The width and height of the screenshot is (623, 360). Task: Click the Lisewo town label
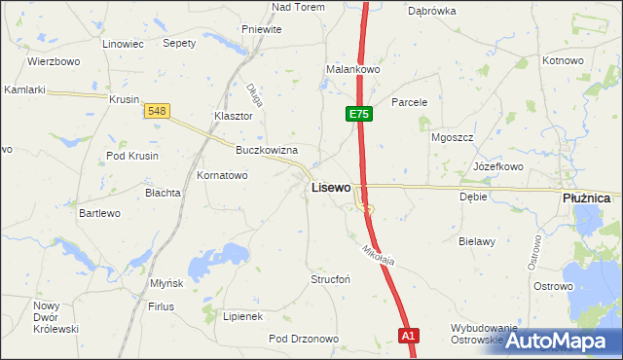331,187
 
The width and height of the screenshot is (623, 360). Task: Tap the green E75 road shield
358,115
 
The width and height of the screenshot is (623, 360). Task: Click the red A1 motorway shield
409,336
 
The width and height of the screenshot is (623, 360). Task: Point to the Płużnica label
586,198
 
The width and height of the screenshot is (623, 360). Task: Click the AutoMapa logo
563,340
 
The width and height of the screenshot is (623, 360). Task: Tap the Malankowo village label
352,70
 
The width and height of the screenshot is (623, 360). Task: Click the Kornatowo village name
223,176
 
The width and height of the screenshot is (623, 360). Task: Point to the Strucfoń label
329,279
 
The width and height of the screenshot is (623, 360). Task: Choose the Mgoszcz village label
452,137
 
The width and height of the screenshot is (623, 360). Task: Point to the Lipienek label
242,316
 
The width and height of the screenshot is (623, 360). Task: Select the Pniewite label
260,29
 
